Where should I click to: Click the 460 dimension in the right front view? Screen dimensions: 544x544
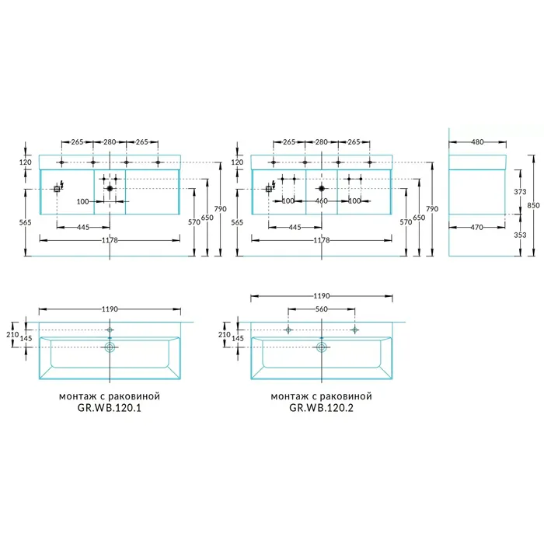[321, 201]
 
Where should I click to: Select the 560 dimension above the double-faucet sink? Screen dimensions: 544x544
[321, 309]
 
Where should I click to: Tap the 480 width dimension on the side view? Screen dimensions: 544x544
[477, 142]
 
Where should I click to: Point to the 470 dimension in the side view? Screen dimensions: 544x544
[477, 227]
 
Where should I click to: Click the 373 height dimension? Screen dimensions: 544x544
[520, 191]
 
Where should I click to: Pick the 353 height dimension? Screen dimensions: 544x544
[520, 235]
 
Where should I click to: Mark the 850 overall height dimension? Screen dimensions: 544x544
[534, 205]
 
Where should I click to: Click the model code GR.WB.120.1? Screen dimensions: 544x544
[110, 408]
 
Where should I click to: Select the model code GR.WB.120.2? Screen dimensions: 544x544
[321, 408]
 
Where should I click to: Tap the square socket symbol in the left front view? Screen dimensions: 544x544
[57, 189]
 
